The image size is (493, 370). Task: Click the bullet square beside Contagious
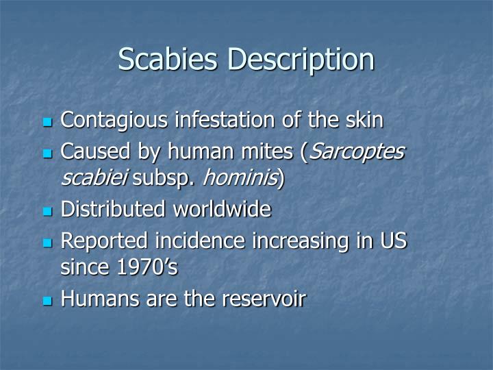pos(47,123)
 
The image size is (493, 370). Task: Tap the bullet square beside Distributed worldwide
pos(47,211)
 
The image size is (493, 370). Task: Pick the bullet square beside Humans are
pos(47,301)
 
